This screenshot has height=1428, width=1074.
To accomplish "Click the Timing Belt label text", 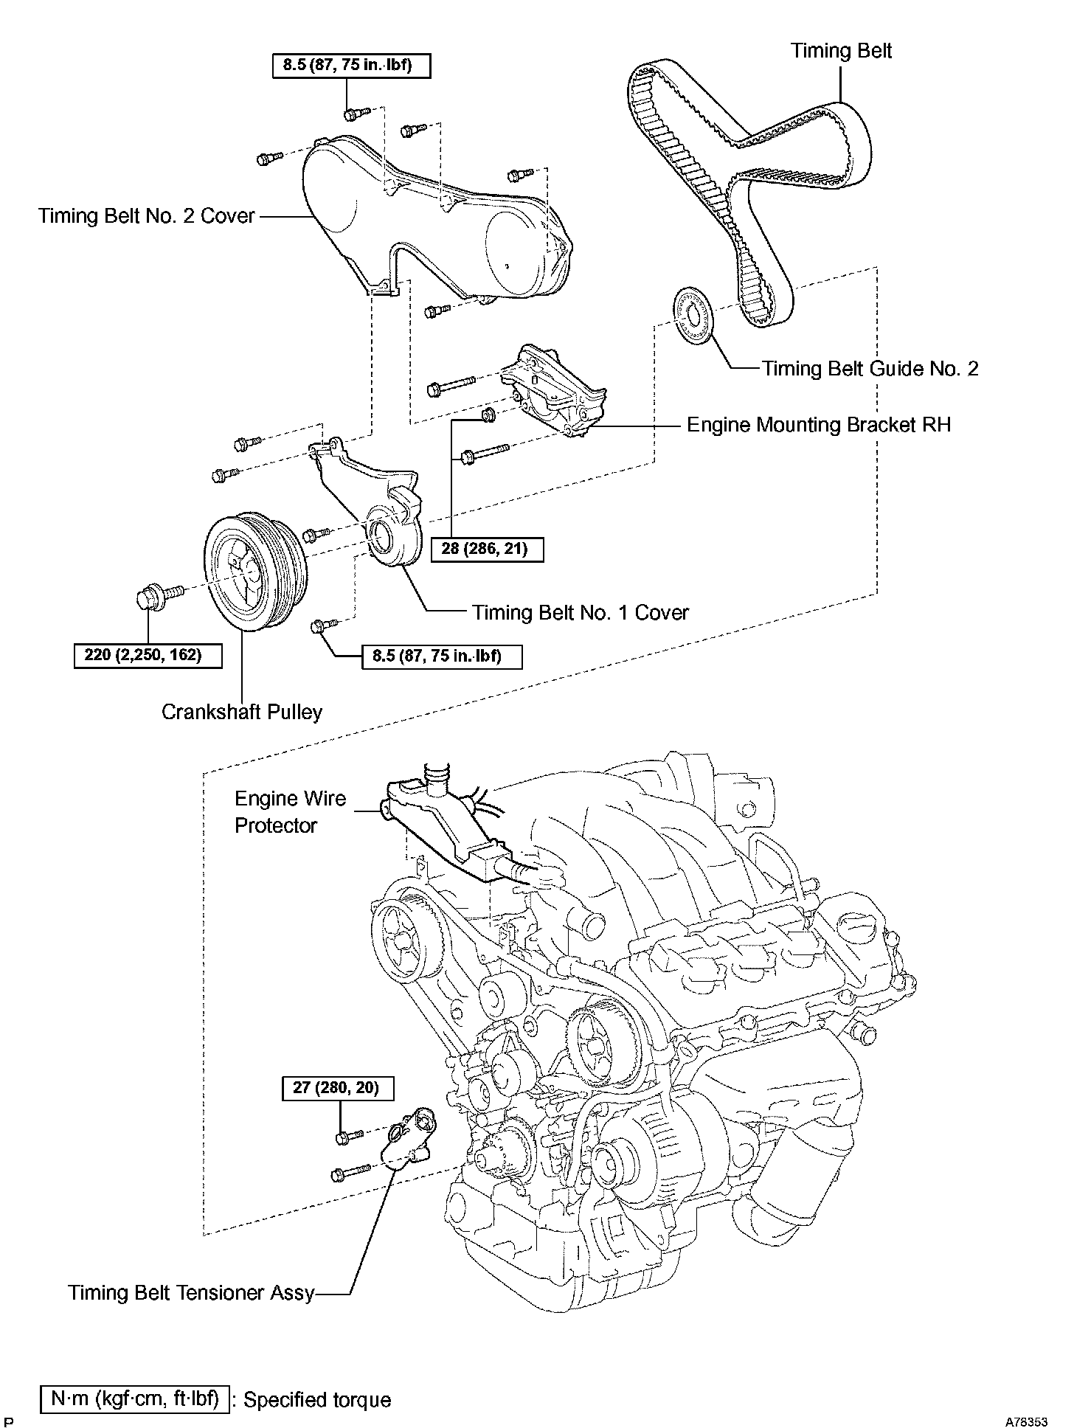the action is coord(841,51).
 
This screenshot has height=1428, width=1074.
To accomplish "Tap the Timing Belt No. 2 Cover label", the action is coord(146,216).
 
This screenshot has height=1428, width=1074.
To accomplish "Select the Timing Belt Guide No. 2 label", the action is coord(870,368).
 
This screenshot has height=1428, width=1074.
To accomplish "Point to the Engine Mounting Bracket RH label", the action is coord(819,425).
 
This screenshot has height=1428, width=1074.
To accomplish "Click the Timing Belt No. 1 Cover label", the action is coord(581,612).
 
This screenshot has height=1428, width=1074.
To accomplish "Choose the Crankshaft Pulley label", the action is coord(242,712).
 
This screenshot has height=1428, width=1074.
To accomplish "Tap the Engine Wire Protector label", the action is coord(290,812).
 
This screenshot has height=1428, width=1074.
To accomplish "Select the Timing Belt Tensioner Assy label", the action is coord(192,1293).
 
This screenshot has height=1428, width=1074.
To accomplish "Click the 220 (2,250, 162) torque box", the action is coord(148,655).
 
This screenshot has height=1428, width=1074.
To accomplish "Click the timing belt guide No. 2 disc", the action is coord(694,313).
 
